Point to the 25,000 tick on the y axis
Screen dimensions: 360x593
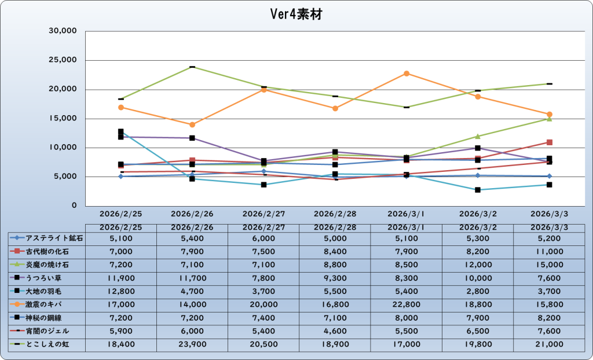64,60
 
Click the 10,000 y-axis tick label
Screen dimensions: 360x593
64,148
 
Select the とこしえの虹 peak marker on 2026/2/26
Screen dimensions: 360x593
192,67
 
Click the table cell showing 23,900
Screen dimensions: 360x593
192,344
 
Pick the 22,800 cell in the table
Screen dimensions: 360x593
406,304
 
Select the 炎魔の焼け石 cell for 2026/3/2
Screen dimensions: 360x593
478,265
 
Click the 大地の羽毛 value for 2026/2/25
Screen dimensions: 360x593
120,291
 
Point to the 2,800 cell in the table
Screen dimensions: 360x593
478,291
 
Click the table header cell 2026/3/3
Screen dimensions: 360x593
549,226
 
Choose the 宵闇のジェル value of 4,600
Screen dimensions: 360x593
335,331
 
